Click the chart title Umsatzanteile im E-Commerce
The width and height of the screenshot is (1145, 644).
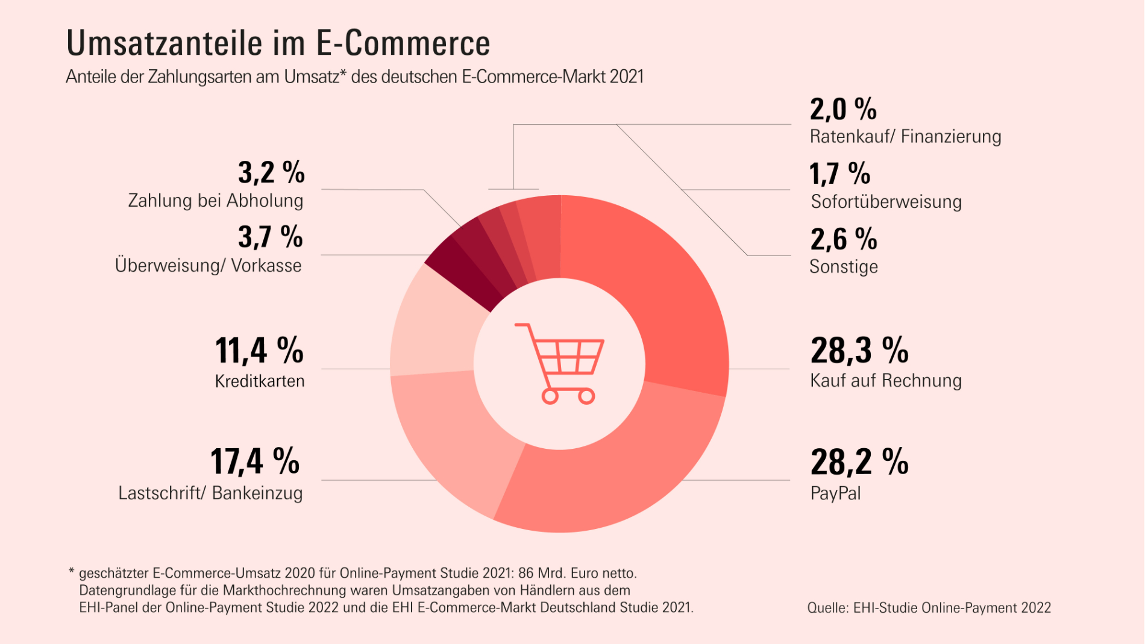(278, 43)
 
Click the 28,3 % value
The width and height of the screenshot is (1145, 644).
(859, 351)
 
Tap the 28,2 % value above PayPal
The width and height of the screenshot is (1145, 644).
(859, 462)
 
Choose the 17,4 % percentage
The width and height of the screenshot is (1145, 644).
(254, 462)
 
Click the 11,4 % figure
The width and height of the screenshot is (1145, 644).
(259, 351)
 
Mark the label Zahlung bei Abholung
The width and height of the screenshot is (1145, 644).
(215, 201)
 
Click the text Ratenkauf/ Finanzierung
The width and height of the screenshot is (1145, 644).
(905, 137)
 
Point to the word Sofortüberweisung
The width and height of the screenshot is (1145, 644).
(886, 202)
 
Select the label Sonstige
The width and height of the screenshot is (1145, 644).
(843, 267)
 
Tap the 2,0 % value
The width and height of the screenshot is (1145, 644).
(842, 110)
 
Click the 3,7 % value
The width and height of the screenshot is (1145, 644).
(270, 237)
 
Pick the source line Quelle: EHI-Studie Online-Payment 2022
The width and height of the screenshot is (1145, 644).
(929, 608)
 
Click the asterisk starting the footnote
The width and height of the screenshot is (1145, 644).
(71, 571)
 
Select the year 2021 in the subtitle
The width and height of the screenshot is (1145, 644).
(627, 77)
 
